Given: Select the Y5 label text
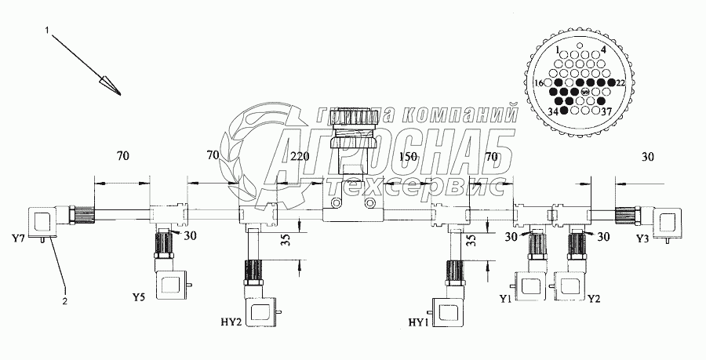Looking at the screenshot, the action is click(x=139, y=297).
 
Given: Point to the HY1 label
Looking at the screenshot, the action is click(x=417, y=322).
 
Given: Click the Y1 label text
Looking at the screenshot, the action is click(x=505, y=299).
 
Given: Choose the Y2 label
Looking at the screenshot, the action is click(x=595, y=299).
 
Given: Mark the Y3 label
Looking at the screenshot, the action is click(x=642, y=239).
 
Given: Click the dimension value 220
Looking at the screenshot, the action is click(x=300, y=157).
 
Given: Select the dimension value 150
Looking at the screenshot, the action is click(x=408, y=157).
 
